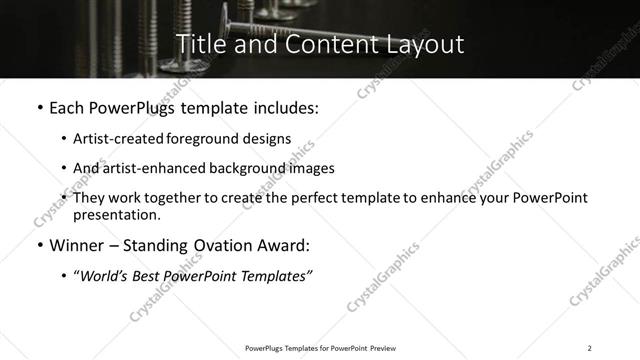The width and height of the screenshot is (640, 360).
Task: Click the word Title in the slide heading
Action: (x=198, y=45)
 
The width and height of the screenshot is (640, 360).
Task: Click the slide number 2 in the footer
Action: (x=589, y=347)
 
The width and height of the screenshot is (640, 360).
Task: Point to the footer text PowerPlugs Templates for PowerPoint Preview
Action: (x=316, y=347)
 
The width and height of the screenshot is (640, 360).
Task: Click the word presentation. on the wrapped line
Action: (x=116, y=215)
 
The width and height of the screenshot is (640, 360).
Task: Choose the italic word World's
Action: (x=103, y=276)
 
